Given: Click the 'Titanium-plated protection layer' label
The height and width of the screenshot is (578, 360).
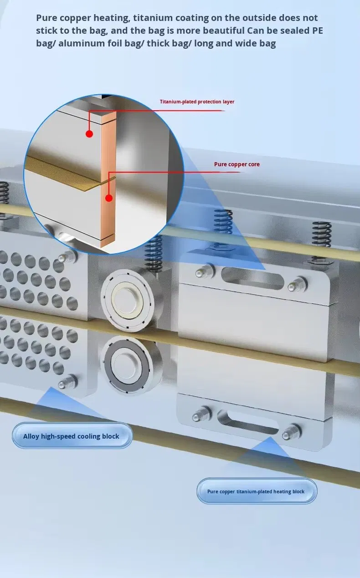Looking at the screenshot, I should click(x=197, y=102).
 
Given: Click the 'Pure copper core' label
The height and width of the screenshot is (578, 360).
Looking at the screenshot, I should click(x=237, y=164).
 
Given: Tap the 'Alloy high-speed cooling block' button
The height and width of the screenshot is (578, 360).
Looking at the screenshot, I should click(x=71, y=436).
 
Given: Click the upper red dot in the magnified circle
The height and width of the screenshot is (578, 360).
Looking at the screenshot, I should click(x=89, y=133).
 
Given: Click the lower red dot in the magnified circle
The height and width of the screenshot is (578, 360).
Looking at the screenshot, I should click(x=108, y=198).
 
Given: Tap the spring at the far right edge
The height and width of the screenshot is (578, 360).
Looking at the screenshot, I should click(x=322, y=241).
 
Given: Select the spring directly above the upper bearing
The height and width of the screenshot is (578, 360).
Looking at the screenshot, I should click(x=154, y=253).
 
